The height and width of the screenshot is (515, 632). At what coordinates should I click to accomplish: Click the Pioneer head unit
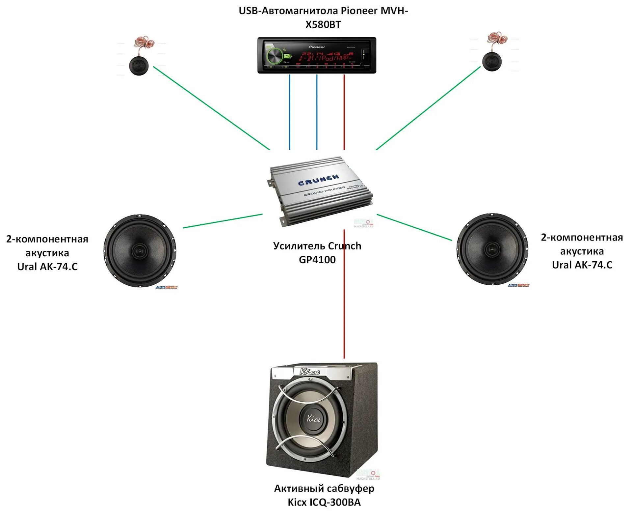pos(317,55)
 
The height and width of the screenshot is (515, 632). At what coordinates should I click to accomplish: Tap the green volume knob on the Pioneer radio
pos(275,56)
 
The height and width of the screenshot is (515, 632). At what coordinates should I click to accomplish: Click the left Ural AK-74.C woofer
pos(140,251)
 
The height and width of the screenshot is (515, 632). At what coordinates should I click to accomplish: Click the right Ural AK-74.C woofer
pos(492,249)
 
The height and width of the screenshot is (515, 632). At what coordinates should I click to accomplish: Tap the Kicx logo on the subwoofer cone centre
pos(313,418)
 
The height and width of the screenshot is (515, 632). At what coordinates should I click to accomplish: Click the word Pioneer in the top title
pos(359,11)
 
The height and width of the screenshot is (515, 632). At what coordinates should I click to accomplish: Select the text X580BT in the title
pos(323,25)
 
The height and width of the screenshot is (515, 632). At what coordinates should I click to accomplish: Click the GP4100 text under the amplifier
pos(317,260)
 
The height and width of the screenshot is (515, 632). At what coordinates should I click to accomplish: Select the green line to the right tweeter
pos(428,108)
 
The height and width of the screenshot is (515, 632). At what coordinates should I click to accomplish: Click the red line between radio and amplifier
pos(344,112)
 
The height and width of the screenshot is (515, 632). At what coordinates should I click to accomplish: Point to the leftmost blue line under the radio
pos(290,112)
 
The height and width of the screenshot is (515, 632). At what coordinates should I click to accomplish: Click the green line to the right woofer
pos(414,227)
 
